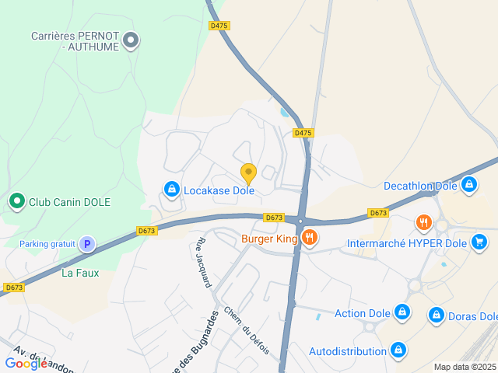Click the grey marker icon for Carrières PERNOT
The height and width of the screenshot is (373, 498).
132,39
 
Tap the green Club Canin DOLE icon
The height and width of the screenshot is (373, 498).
16,202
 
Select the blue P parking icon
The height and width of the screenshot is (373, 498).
87,244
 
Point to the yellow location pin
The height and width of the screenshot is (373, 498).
248,173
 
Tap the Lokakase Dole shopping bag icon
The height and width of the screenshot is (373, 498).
171,189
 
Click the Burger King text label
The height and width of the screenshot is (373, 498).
269,239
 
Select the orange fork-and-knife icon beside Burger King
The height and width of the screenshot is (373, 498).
310,238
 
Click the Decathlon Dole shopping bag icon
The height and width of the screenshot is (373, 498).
468,185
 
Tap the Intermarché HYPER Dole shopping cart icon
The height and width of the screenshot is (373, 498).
479,242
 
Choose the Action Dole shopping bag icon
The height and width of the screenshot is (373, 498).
402,312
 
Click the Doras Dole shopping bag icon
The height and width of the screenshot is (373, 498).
436,315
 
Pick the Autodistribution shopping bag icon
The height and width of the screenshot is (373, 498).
398,350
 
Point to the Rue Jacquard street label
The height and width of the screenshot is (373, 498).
203,263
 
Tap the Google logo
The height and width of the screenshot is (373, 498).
26,363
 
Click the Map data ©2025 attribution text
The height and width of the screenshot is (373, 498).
465,367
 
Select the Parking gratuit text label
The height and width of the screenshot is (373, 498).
47,244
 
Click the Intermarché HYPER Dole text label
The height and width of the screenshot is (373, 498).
407,243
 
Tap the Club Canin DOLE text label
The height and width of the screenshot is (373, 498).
70,202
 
